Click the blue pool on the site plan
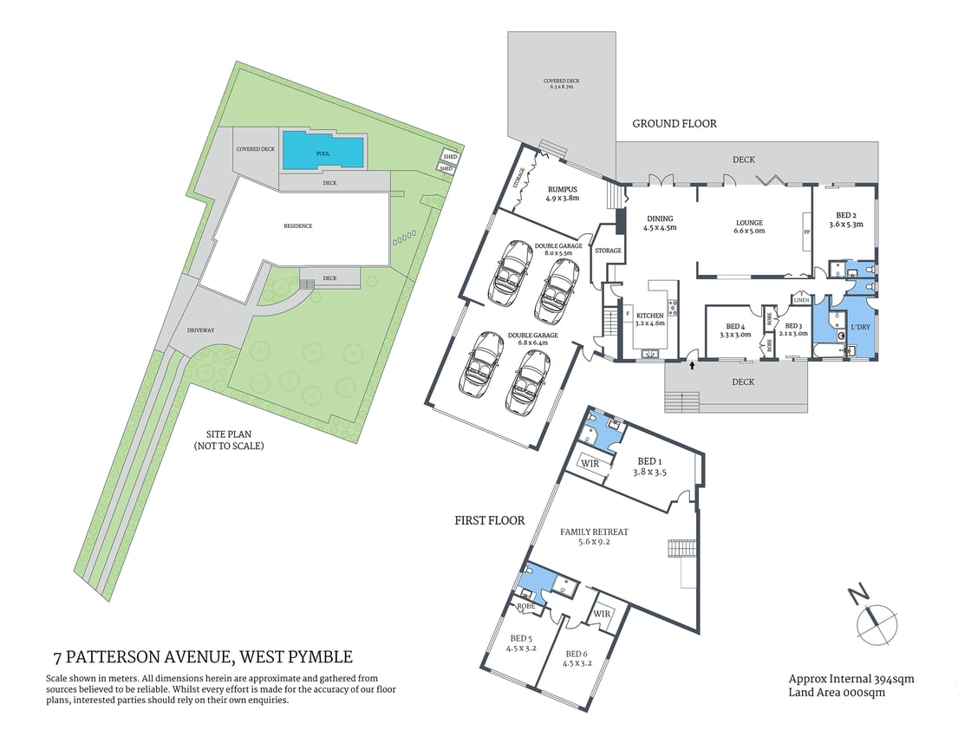click(323, 152)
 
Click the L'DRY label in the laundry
click(860, 327)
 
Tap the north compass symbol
click(876, 620)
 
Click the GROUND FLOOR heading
click(674, 124)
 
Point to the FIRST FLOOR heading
click(490, 521)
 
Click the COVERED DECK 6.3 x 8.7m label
click(562, 83)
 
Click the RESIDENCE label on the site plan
click(297, 226)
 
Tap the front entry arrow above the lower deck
click(692, 366)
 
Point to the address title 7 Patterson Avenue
click(203, 656)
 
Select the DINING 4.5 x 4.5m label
click(659, 223)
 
